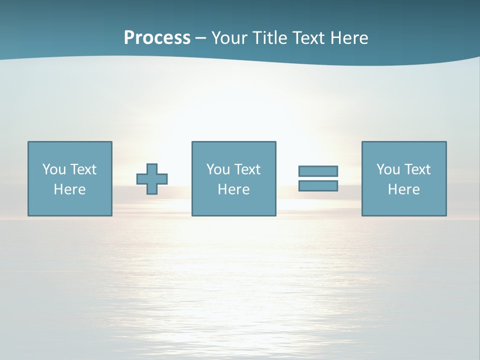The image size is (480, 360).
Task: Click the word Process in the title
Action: [157, 38]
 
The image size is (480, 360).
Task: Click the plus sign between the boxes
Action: [152, 179]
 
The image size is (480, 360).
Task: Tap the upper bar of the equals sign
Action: [318, 171]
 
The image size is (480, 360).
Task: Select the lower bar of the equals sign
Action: [318, 185]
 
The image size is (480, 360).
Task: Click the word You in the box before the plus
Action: [54, 169]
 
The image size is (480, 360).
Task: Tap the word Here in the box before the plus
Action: [69, 189]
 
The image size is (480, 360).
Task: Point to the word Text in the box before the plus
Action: [82, 169]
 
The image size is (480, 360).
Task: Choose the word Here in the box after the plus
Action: [233, 189]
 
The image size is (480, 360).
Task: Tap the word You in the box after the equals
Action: [388, 169]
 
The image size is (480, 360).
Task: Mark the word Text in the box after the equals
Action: [416, 169]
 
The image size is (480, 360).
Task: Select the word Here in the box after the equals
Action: [403, 189]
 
